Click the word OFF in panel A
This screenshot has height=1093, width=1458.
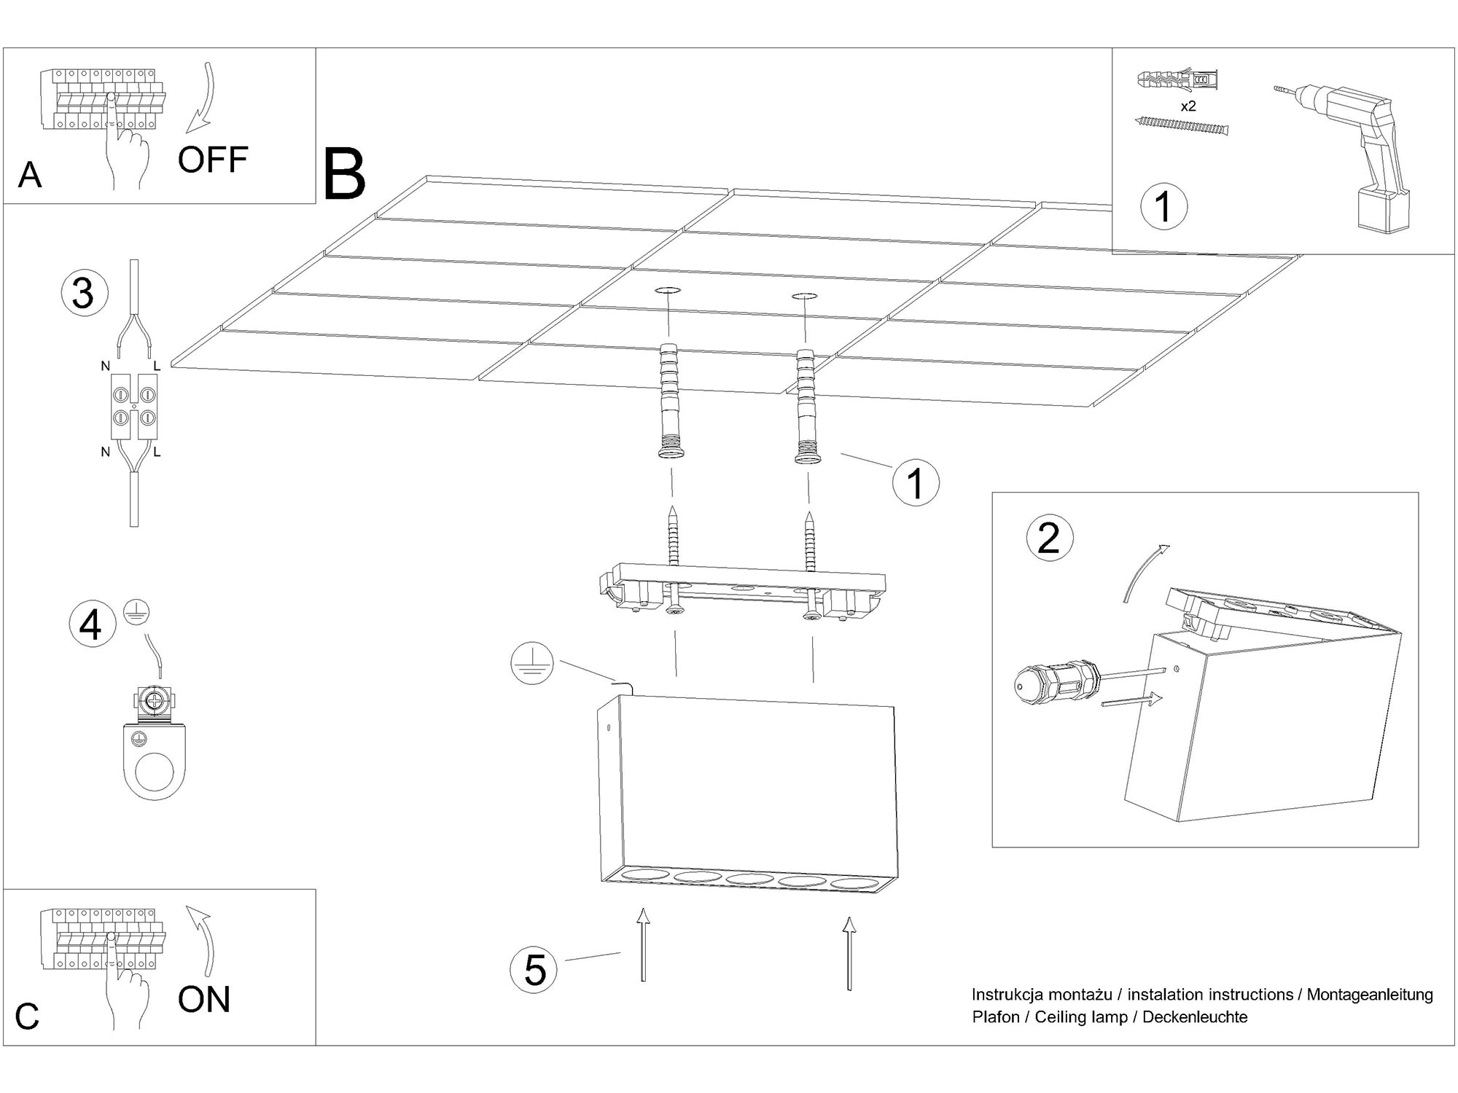tap(212, 160)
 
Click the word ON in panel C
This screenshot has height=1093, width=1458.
tap(203, 999)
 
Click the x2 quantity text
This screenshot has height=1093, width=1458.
tap(1188, 106)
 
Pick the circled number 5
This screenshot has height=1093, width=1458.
tap(534, 970)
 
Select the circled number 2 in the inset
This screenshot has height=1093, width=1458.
tap(1049, 539)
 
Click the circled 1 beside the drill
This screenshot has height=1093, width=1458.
tap(1163, 206)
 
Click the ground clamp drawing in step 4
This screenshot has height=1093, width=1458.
tap(155, 743)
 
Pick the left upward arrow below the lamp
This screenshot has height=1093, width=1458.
tap(642, 944)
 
